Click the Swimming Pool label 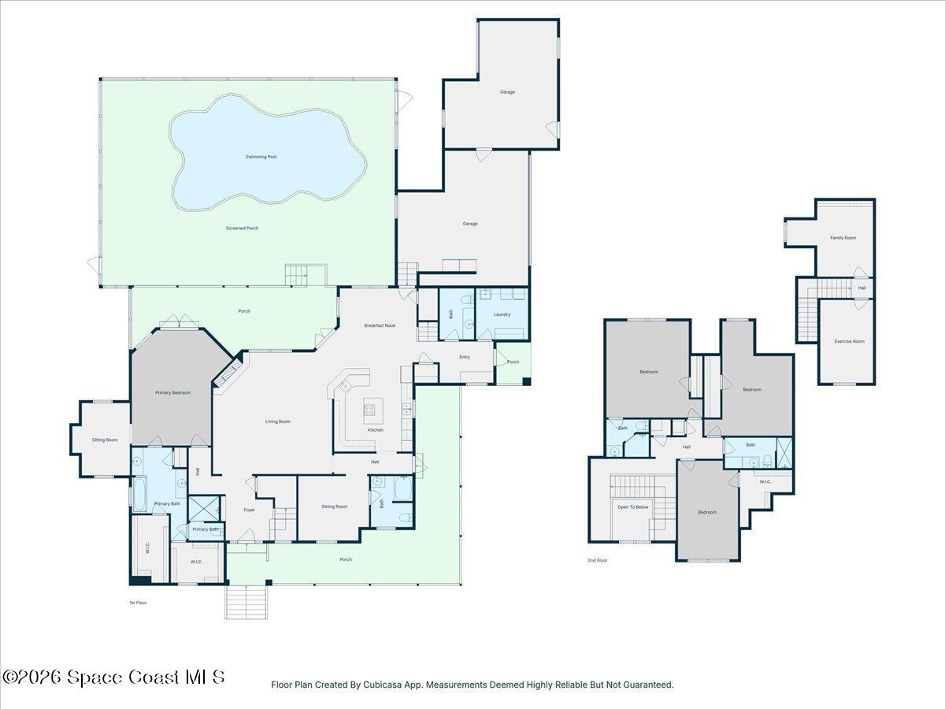point(261,157)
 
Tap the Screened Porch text point(242,228)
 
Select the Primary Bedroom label point(172,392)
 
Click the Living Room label point(277,421)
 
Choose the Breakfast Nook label point(380,325)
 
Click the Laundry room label point(502,314)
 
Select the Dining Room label point(334,507)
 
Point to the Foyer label point(249,510)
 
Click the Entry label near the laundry point(465,357)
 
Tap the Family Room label point(843,237)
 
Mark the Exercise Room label point(849,341)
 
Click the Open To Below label point(632,507)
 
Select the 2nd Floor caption point(598,560)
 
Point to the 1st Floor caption point(138,602)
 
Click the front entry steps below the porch point(246,603)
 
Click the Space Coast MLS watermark point(113,677)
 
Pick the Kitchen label point(376,430)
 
